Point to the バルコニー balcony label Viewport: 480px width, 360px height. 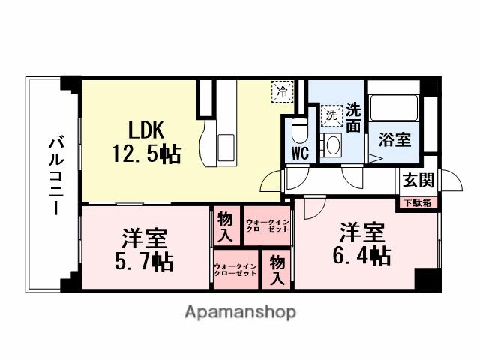[x=55, y=175]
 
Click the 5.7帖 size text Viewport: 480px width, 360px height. [x=145, y=262]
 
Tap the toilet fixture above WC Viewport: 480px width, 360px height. [x=299, y=129]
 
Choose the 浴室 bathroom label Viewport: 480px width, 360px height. [x=394, y=139]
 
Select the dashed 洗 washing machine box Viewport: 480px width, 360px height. [x=331, y=116]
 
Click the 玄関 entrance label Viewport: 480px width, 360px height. [x=418, y=180]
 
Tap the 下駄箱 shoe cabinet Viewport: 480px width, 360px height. [x=418, y=202]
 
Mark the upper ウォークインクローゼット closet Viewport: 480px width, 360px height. [x=267, y=224]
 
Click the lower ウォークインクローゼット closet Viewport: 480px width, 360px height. [x=235, y=270]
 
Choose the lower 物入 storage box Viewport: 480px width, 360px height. [x=277, y=270]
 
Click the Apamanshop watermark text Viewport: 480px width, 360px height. [x=240, y=311]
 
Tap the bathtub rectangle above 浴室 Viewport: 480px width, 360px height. [x=394, y=109]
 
